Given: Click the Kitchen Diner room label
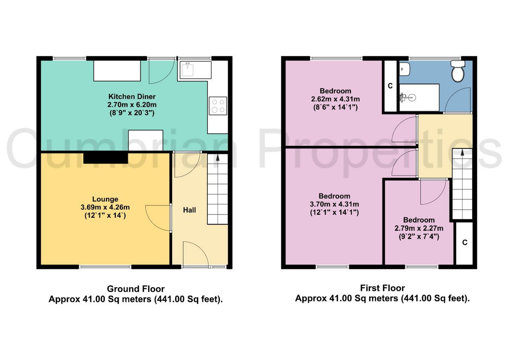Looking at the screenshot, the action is tap(132, 97).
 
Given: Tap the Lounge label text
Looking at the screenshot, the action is tap(105, 199).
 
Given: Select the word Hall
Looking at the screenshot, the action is tap(190, 210).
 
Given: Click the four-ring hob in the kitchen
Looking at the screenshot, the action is tap(218, 106).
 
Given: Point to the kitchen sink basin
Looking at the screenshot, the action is tap(187, 69).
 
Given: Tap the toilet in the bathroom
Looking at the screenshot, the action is tap(458, 71).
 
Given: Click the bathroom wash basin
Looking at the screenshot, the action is tap(405, 69).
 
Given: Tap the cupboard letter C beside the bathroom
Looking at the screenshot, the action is tap(390, 86).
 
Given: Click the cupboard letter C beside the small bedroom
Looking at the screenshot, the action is tap(465, 243).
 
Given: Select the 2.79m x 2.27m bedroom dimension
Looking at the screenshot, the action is tap(419, 228).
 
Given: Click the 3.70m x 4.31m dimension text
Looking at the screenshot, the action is tap(334, 204).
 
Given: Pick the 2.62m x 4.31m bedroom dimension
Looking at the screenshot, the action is tap(336, 99).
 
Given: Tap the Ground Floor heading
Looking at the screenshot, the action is tap(136, 289).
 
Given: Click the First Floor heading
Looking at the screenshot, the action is tap(382, 288).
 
